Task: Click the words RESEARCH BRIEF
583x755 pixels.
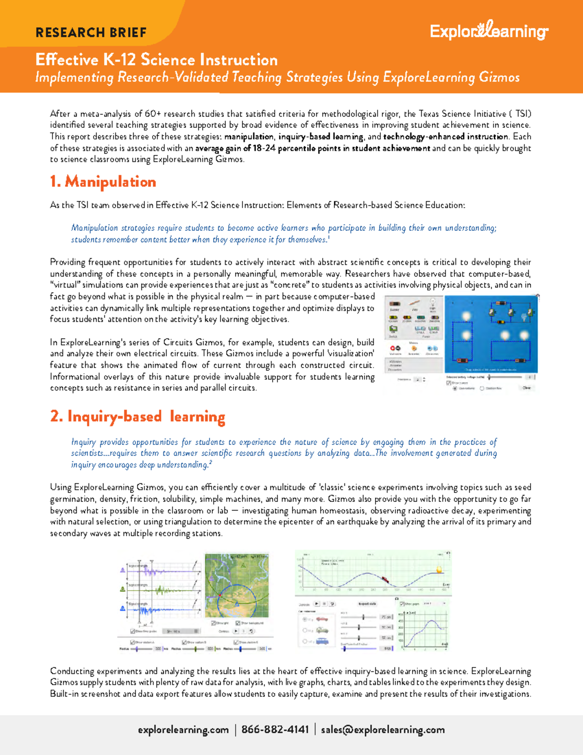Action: coord(91,33)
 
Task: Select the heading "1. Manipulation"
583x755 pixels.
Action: coord(103,182)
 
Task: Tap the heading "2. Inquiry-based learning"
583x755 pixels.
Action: coord(137,417)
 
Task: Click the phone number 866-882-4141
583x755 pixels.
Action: coord(275,730)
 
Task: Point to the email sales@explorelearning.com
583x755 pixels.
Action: coord(383,730)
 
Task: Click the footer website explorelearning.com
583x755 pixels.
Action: coord(183,730)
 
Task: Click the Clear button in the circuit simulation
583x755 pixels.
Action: coord(526,388)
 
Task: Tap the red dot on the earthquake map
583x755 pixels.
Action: coord(220,595)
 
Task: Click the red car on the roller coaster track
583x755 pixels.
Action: coord(385,579)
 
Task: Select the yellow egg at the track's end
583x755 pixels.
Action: coord(440,569)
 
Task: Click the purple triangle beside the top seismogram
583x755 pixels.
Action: coord(123,570)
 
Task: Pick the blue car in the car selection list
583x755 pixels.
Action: coord(322,641)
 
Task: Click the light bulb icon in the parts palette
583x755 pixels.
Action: coord(432,303)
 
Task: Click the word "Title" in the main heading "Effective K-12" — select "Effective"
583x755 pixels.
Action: coord(67,60)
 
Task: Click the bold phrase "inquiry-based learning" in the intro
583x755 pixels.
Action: coord(321,137)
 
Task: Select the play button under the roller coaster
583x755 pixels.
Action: coord(317,604)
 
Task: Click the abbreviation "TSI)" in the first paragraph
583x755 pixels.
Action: coord(523,114)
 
